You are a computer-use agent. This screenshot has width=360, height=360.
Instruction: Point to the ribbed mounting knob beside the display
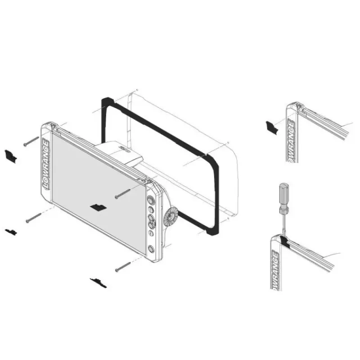(x=171, y=217)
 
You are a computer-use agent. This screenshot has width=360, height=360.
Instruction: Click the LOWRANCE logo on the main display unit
(x=46, y=164)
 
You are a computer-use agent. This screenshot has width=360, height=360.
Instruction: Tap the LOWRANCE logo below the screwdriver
(x=276, y=270)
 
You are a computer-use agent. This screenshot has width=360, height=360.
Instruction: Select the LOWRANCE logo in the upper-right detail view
(x=291, y=141)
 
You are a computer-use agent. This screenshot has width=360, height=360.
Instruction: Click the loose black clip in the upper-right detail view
(x=272, y=127)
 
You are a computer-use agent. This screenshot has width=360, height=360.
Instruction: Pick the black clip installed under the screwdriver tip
(x=285, y=242)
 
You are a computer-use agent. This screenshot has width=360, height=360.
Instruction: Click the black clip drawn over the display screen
(x=98, y=207)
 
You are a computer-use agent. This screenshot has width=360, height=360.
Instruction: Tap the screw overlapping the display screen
(x=122, y=194)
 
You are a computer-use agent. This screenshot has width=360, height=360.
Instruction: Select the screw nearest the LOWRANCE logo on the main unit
(x=31, y=141)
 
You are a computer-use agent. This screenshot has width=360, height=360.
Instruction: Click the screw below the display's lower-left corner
(x=33, y=218)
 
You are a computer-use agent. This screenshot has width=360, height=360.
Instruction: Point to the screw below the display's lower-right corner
(x=123, y=267)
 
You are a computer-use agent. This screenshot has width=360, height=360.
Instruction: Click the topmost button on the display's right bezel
(x=150, y=199)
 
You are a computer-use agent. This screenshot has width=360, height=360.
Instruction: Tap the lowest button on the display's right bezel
(x=151, y=249)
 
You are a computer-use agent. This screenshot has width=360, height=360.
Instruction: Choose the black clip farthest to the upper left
(x=10, y=156)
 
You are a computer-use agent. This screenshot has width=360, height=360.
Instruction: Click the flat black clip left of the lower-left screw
(x=11, y=231)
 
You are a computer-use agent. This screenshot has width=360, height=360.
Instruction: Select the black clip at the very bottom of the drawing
(x=98, y=283)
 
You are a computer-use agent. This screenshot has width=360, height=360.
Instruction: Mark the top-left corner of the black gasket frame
(x=103, y=99)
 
